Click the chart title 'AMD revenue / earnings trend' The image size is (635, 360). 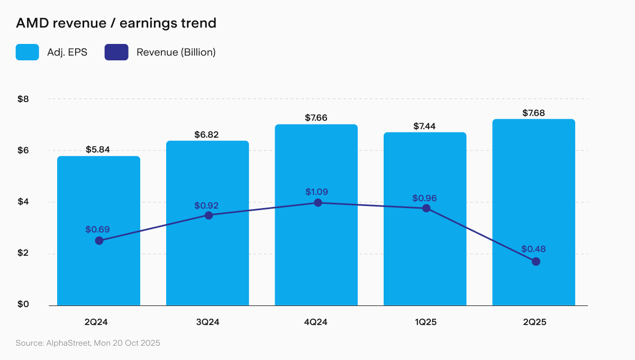coord(116,23)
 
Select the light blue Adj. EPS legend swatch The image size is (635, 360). coord(27,52)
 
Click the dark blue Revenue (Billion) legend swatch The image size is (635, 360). coord(116,52)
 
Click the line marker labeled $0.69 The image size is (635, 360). coord(99,241)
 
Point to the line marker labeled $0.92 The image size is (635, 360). coord(208,215)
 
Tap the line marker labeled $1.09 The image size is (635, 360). coord(317,203)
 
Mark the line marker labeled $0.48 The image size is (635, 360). coord(536,262)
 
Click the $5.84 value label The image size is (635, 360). coord(98,150)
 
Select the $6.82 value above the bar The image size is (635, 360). coord(207,134)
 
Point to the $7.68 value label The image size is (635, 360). coord(533,113)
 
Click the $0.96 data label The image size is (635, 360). coord(425,198)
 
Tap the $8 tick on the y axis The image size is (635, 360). coord(23,99)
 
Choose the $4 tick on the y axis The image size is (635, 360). coord(23,202)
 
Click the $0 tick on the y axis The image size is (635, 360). coord(23,304)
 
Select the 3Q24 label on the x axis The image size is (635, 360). coord(207,321)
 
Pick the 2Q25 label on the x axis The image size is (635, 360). coord(533,321)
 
